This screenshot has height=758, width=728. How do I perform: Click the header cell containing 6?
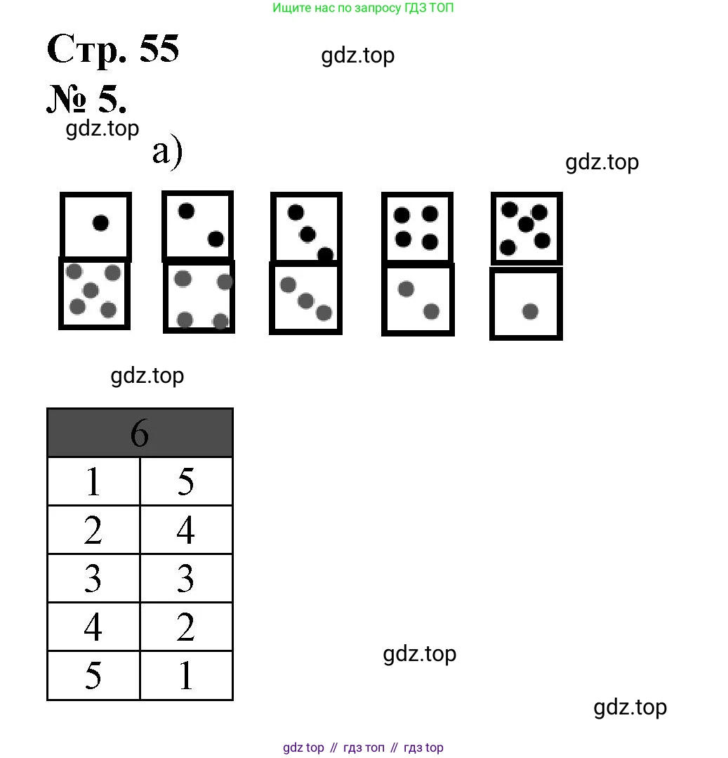pyautogui.click(x=140, y=433)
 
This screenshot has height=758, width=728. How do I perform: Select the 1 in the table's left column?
pyautogui.click(x=93, y=482)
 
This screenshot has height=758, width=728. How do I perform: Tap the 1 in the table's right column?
pyautogui.click(x=186, y=676)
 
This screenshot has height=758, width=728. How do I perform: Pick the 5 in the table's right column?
pyautogui.click(x=186, y=482)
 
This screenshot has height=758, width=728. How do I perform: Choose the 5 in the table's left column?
pyautogui.click(x=93, y=676)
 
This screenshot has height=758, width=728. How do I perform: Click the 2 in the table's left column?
pyautogui.click(x=93, y=530)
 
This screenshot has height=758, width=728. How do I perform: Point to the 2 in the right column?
pyautogui.click(x=186, y=627)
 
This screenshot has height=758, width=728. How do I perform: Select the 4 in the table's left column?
pyautogui.click(x=93, y=627)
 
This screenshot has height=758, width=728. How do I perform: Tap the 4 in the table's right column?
pyautogui.click(x=186, y=530)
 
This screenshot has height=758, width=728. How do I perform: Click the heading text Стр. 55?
pyautogui.click(x=113, y=50)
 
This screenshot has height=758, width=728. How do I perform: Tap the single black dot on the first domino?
pyautogui.click(x=100, y=223)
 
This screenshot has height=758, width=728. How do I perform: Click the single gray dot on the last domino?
pyautogui.click(x=530, y=311)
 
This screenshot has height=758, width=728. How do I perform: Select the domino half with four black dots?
pyautogui.click(x=417, y=228)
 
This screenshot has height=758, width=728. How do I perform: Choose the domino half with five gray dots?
pyautogui.click(x=94, y=294)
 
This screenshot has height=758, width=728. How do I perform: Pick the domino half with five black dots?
pyautogui.click(x=526, y=228)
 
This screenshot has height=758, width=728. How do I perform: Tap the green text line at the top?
pyautogui.click(x=363, y=8)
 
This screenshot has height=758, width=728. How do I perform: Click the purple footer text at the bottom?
pyautogui.click(x=363, y=747)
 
